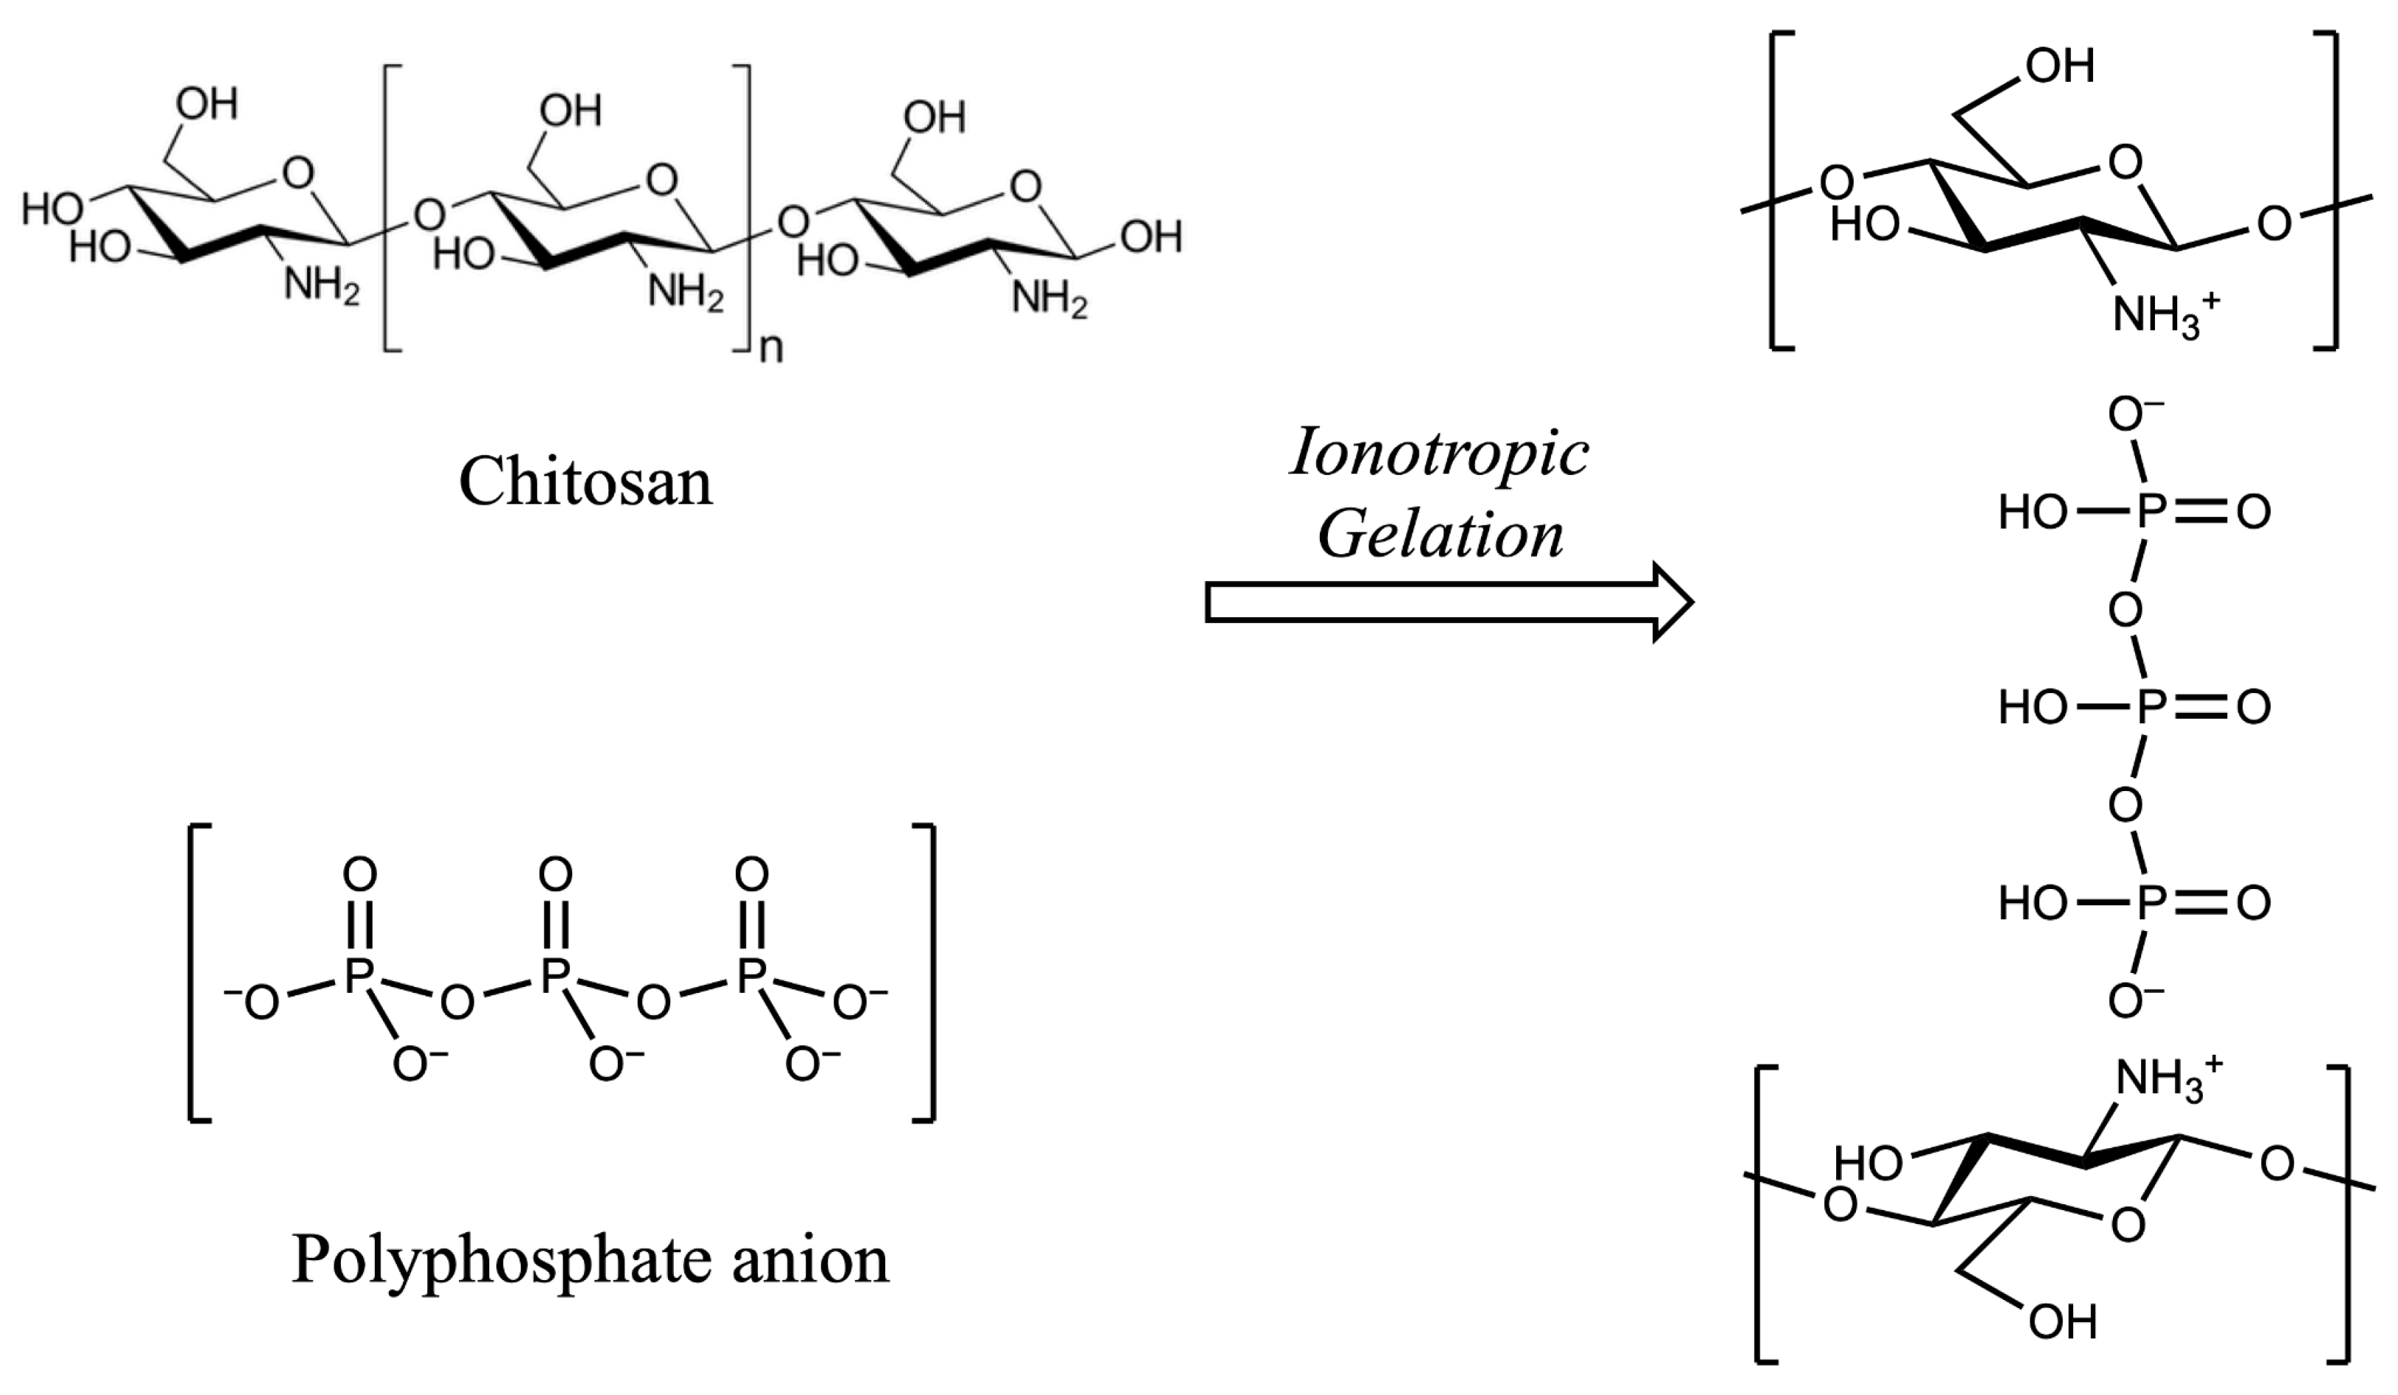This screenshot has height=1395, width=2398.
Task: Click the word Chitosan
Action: tap(586, 482)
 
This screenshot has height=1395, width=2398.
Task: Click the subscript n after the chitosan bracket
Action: tap(771, 349)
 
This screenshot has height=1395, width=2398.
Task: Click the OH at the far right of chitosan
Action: tap(1151, 236)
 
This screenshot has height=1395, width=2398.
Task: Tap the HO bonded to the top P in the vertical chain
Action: tap(2033, 513)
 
